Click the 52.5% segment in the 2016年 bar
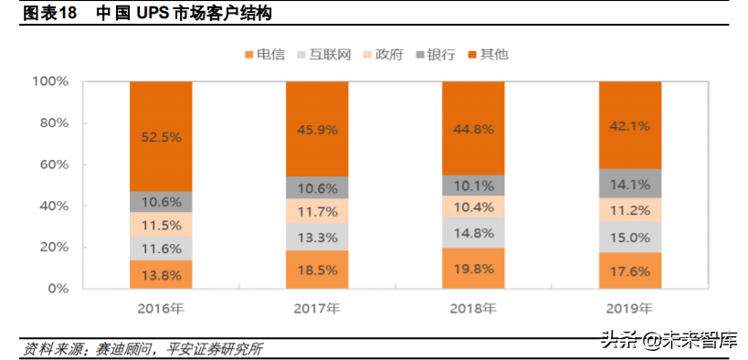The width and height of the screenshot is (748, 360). coord(161,136)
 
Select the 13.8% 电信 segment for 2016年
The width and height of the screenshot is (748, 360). coord(161,274)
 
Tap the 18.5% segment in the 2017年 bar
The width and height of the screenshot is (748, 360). coord(317,270)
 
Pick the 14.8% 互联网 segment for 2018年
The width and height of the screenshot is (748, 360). coord(473,233)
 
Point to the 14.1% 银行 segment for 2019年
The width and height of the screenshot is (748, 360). coord(629,183)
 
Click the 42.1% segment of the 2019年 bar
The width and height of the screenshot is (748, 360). coord(629,125)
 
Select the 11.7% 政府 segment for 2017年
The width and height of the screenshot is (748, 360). coord(317,212)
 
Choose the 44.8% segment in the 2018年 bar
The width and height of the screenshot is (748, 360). coord(473,128)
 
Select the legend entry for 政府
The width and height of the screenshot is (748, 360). coord(386,54)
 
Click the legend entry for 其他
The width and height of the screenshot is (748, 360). coord(488,54)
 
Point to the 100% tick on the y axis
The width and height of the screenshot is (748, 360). coord(51,81)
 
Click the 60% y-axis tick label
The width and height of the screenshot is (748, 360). coord(55,164)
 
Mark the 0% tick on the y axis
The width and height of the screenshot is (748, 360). coord(58,289)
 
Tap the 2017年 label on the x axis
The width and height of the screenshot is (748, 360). coord(317,308)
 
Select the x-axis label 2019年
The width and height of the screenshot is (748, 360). coord(629,308)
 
